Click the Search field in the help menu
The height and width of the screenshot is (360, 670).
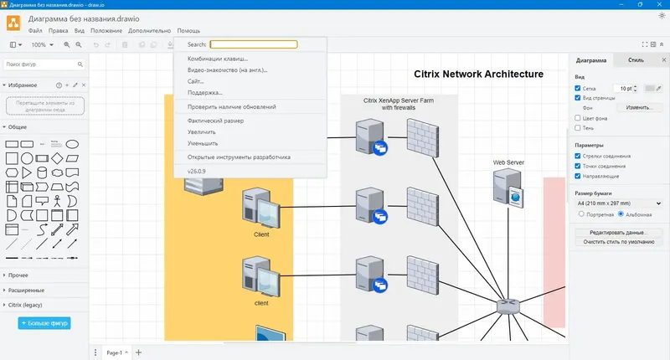pos(253,44)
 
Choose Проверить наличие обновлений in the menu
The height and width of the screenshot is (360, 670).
pos(231,107)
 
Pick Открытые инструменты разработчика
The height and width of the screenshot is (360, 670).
pos(239,157)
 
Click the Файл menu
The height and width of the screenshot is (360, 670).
pos(35,30)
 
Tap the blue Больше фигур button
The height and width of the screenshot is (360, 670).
pos(44,322)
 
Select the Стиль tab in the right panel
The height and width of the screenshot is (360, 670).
pos(636,60)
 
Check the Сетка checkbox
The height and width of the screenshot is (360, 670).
pos(578,88)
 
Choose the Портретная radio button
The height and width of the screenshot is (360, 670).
pos(582,214)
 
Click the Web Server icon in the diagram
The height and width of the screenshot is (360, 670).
pos(508,188)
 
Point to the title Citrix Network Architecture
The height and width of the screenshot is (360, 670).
pos(478,75)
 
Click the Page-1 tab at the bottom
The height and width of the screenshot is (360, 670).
pos(115,352)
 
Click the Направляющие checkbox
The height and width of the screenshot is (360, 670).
pos(578,177)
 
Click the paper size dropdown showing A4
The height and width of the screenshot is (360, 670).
pos(618,203)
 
